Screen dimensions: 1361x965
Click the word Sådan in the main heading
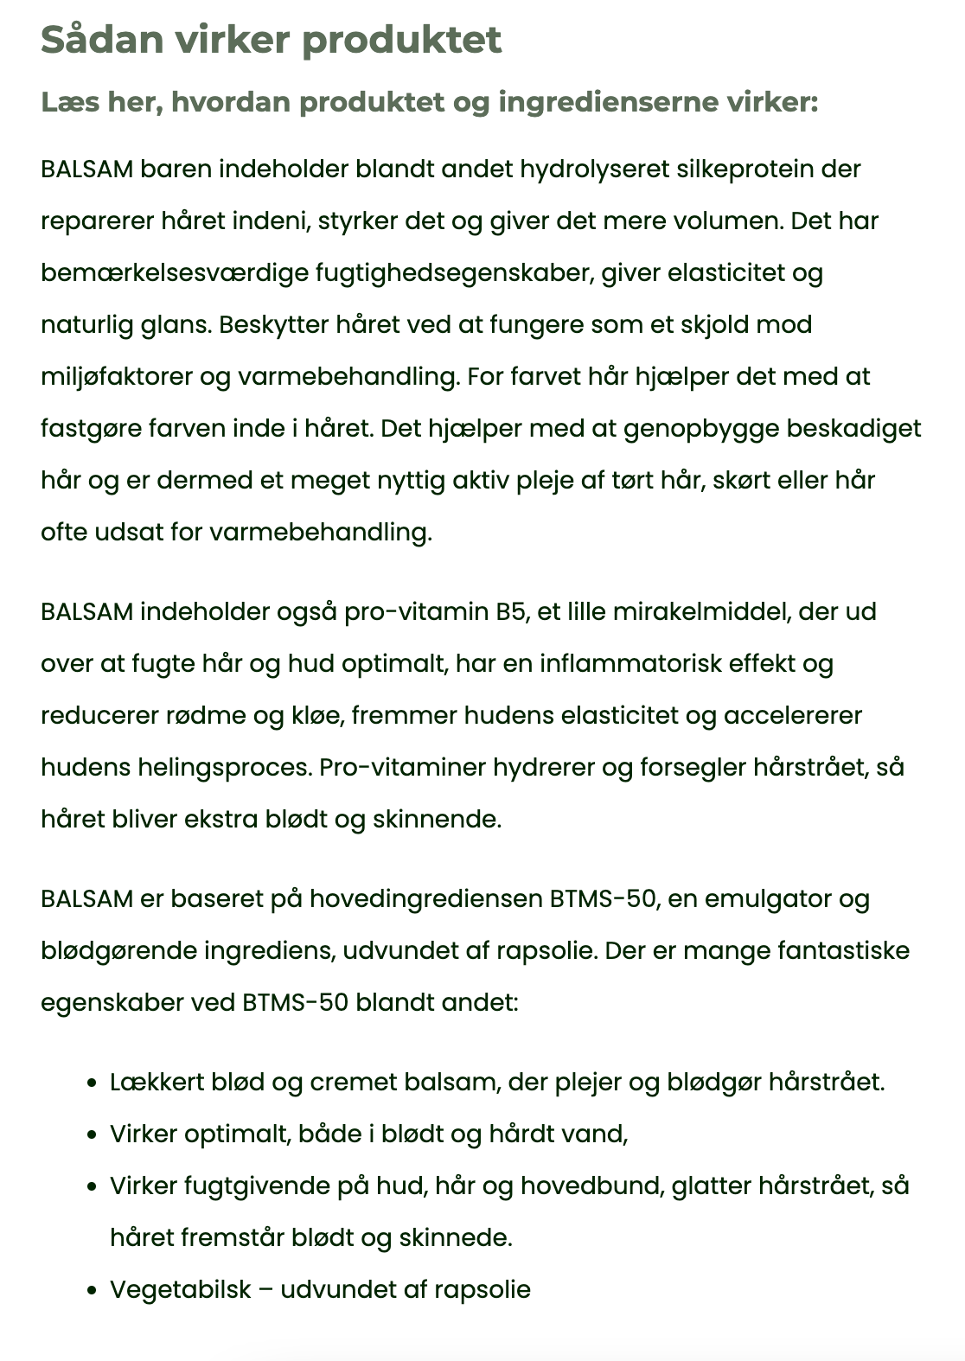[93, 40]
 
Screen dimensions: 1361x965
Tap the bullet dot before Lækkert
[91, 1083]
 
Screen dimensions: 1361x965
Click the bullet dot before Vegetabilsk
[91, 1291]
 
